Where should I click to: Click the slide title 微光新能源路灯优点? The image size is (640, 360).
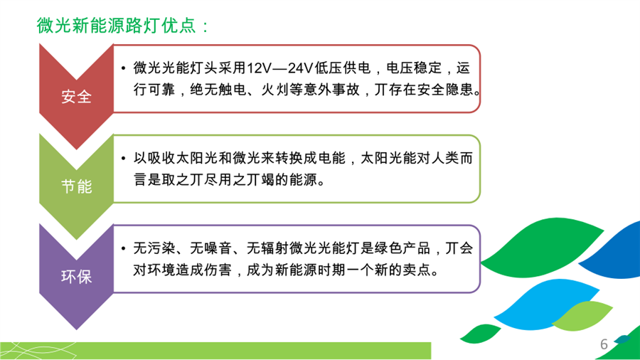point(117,26)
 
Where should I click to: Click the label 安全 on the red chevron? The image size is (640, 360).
point(76,97)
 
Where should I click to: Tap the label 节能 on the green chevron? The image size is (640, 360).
point(76,186)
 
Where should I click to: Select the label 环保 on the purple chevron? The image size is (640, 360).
point(76,277)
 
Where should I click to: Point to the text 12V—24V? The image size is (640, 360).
point(279,68)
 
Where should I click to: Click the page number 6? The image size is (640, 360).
point(604,344)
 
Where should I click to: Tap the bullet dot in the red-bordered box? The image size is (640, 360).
point(123,68)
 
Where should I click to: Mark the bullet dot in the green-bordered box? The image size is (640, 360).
point(123,158)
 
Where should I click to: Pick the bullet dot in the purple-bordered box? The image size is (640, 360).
point(123,248)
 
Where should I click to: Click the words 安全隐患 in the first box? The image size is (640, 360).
point(445,90)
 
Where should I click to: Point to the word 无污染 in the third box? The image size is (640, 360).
point(154,248)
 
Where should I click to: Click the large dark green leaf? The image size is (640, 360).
point(542,248)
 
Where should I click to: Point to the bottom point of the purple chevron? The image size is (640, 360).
point(76,329)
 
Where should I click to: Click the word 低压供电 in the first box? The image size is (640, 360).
point(342,68)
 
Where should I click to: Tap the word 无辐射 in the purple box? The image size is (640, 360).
point(267,248)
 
